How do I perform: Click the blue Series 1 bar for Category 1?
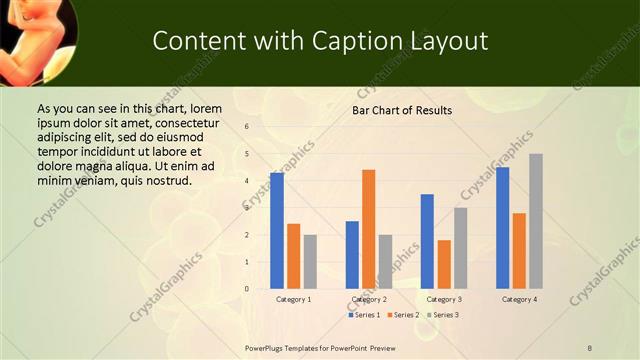coord(277,231)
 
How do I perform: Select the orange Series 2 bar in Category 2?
coord(368,229)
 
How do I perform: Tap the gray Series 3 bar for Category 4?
coord(536,221)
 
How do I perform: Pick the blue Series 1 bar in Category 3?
coord(427,241)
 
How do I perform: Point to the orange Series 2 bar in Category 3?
coord(444,264)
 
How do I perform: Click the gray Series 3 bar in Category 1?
coord(310,262)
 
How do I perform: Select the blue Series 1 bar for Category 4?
coord(503,228)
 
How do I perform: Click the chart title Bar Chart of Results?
coord(402,110)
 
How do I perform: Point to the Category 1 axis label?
coord(293,299)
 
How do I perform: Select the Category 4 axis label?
coord(519,299)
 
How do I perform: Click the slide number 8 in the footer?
coord(590,348)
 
